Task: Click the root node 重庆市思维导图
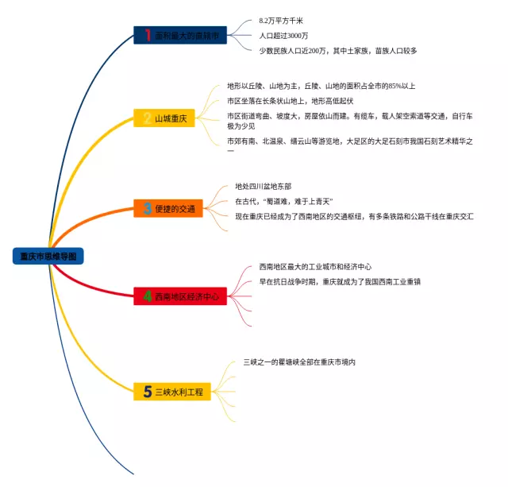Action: [49, 256]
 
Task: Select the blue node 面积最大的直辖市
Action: [181, 35]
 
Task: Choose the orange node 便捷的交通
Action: [168, 209]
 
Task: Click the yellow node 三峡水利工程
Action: [172, 392]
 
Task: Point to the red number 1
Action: [148, 35]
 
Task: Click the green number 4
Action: [148, 296]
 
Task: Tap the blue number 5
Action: [148, 392]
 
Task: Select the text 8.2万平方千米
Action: [281, 20]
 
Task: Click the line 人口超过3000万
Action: [283, 36]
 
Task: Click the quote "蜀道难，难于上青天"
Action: [283, 201]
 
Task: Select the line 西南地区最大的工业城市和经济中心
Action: [315, 266]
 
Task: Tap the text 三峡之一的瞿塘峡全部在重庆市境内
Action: [299, 362]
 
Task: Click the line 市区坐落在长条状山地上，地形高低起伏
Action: [290, 101]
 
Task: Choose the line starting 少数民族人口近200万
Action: [337, 51]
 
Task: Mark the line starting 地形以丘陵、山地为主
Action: [321, 86]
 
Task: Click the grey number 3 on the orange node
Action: [148, 209]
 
